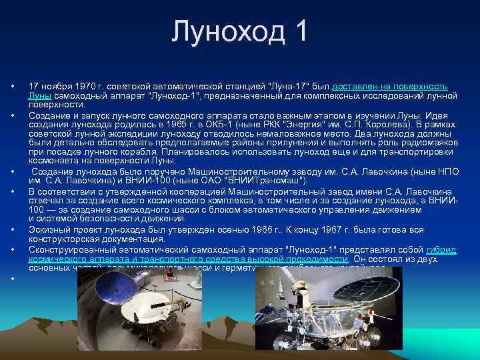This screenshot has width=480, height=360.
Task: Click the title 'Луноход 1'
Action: coord(239,32)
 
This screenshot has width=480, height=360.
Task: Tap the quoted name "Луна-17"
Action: coord(286,87)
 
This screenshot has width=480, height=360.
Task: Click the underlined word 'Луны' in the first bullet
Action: coord(39,96)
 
